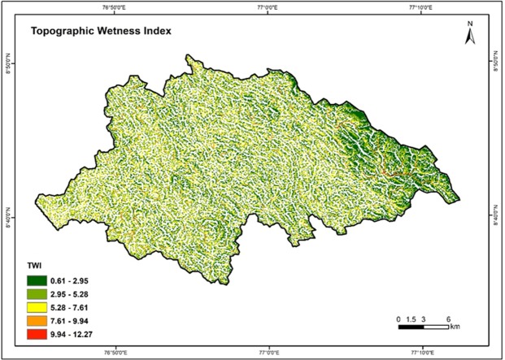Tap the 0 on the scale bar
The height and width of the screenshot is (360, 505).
[399, 318]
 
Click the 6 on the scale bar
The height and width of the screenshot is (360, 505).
[448, 318]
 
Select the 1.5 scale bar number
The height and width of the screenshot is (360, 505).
[411, 318]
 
